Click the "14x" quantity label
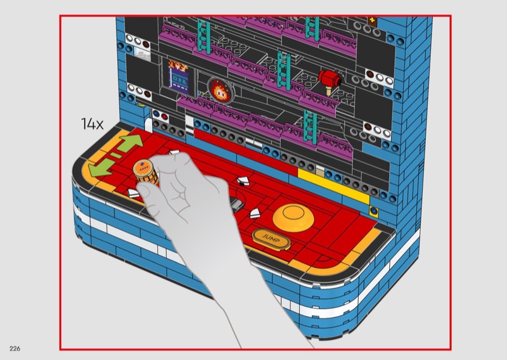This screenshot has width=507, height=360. [x=92, y=124]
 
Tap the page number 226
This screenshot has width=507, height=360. [x=15, y=349]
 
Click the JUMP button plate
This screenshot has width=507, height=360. [x=271, y=239]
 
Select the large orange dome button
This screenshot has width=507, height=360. [x=293, y=217]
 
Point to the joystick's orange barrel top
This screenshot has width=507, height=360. [x=143, y=167]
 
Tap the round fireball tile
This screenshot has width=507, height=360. [x=220, y=90]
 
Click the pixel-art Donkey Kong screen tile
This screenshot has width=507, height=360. [x=178, y=76]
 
